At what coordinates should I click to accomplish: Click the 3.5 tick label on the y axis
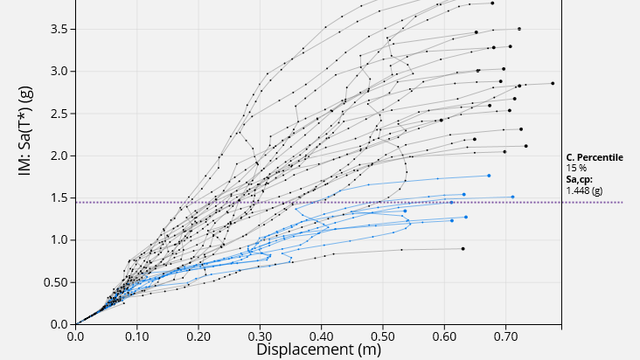[x=59, y=29]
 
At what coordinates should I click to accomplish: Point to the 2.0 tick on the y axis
[x=59, y=156]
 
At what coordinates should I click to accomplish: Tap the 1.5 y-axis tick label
[x=59, y=197]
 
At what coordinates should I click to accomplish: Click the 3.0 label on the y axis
[x=59, y=71]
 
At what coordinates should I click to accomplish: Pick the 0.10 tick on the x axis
[x=137, y=335]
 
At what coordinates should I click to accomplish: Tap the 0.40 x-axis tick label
[x=322, y=335]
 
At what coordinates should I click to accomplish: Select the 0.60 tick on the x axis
[x=445, y=335]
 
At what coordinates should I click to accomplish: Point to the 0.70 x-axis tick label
[x=506, y=335]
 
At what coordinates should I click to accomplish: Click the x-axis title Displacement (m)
[x=317, y=350]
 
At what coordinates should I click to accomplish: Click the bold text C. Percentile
[x=595, y=157]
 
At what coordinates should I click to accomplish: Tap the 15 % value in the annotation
[x=576, y=168]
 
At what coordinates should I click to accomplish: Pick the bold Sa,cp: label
[x=581, y=178]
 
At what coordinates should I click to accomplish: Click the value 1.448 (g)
[x=585, y=190]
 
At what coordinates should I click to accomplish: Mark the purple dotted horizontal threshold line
[x=350, y=203]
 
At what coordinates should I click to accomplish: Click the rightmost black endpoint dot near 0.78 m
[x=553, y=83]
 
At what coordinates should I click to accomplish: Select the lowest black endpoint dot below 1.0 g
[x=463, y=248]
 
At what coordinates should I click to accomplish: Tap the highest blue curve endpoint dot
[x=489, y=176]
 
